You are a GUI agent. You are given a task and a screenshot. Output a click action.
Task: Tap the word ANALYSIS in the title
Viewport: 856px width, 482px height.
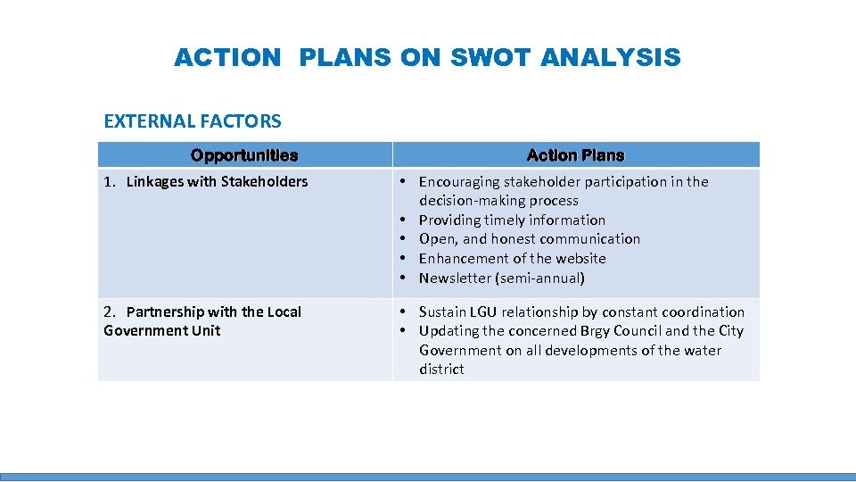[x=611, y=58]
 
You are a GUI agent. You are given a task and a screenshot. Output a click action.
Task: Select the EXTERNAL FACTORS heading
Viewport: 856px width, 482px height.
[x=193, y=120]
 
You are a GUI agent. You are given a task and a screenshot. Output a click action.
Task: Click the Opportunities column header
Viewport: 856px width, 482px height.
[x=244, y=155]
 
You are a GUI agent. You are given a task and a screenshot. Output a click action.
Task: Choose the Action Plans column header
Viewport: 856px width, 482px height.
[x=575, y=155]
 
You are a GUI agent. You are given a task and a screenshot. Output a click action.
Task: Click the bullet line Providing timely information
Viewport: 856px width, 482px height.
[x=512, y=220]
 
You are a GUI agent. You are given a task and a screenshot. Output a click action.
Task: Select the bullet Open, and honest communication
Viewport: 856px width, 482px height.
[x=530, y=238]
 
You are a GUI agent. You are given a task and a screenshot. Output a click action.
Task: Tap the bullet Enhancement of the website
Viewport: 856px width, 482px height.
[x=512, y=258]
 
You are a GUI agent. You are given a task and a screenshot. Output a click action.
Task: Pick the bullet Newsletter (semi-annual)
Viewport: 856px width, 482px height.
[x=502, y=278]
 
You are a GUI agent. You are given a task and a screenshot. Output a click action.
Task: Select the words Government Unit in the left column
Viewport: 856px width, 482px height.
[x=161, y=330]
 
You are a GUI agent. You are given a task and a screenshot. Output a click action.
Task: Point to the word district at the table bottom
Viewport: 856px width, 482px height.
[x=441, y=369]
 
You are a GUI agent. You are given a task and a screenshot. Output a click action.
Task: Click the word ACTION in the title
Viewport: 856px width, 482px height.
[x=227, y=58]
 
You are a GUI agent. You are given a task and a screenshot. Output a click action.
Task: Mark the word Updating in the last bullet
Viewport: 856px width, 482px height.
[x=449, y=330]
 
